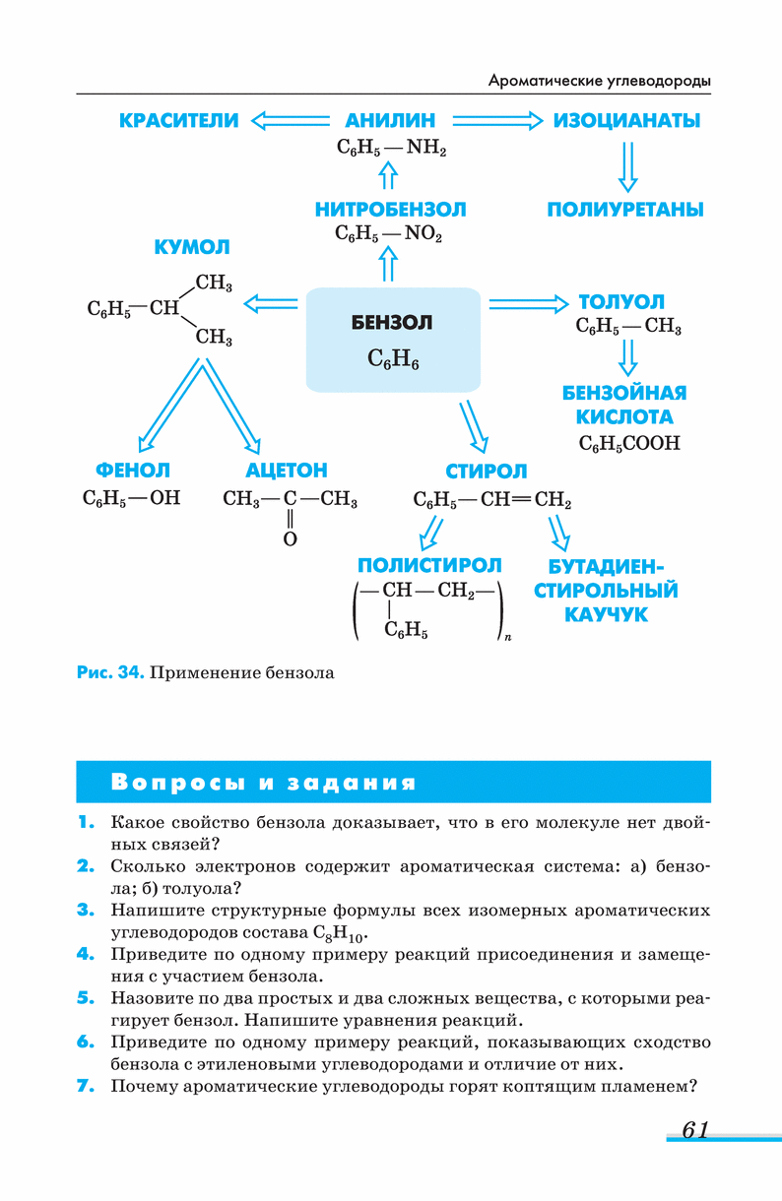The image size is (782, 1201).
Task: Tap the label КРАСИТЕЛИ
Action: coord(178,121)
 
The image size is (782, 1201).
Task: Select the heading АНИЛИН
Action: coord(390,121)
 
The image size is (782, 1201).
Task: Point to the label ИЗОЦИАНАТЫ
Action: coord(626,121)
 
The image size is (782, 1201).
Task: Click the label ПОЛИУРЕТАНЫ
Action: coord(625,210)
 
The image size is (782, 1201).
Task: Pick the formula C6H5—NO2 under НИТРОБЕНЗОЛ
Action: coord(389,235)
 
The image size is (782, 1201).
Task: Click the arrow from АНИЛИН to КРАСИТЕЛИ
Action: coord(291,121)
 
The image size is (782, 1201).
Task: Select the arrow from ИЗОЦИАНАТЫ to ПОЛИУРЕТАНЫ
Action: coord(627,165)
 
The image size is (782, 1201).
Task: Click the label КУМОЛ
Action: coord(192,246)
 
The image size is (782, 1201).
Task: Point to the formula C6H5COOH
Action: coord(629,443)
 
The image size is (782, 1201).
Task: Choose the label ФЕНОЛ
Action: coord(133,472)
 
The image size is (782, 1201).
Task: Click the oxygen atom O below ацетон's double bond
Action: coord(290,539)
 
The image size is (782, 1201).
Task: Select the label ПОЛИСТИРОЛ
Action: coord(429,565)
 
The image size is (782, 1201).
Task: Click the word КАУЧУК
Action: coord(606,614)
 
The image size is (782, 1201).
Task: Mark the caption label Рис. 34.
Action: coord(110,673)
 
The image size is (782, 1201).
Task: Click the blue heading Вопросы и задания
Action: coord(264,784)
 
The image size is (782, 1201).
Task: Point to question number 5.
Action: coord(86,998)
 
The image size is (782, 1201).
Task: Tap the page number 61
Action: coord(695,1130)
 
